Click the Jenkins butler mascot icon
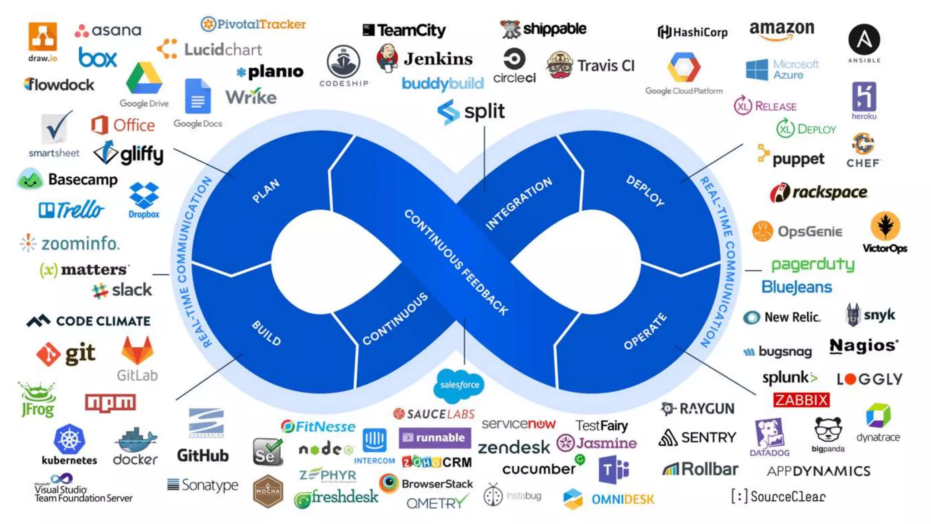pos(387,58)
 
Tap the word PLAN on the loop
pos(266,191)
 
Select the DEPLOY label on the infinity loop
pos(645,190)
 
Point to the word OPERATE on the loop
pos(645,332)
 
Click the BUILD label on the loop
pos(266,333)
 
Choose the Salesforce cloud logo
pos(459,385)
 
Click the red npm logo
pos(110,403)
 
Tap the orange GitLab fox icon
pos(137,351)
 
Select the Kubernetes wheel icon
pos(69,439)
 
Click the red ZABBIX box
pos(801,400)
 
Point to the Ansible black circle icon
pos(864,40)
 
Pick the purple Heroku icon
pos(864,96)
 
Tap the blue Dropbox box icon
pos(144,196)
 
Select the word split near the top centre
pos(484,111)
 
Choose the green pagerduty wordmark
pos(813,264)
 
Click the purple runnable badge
pos(435,438)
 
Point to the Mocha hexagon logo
pos(268,491)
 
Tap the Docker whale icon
pos(135,440)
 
